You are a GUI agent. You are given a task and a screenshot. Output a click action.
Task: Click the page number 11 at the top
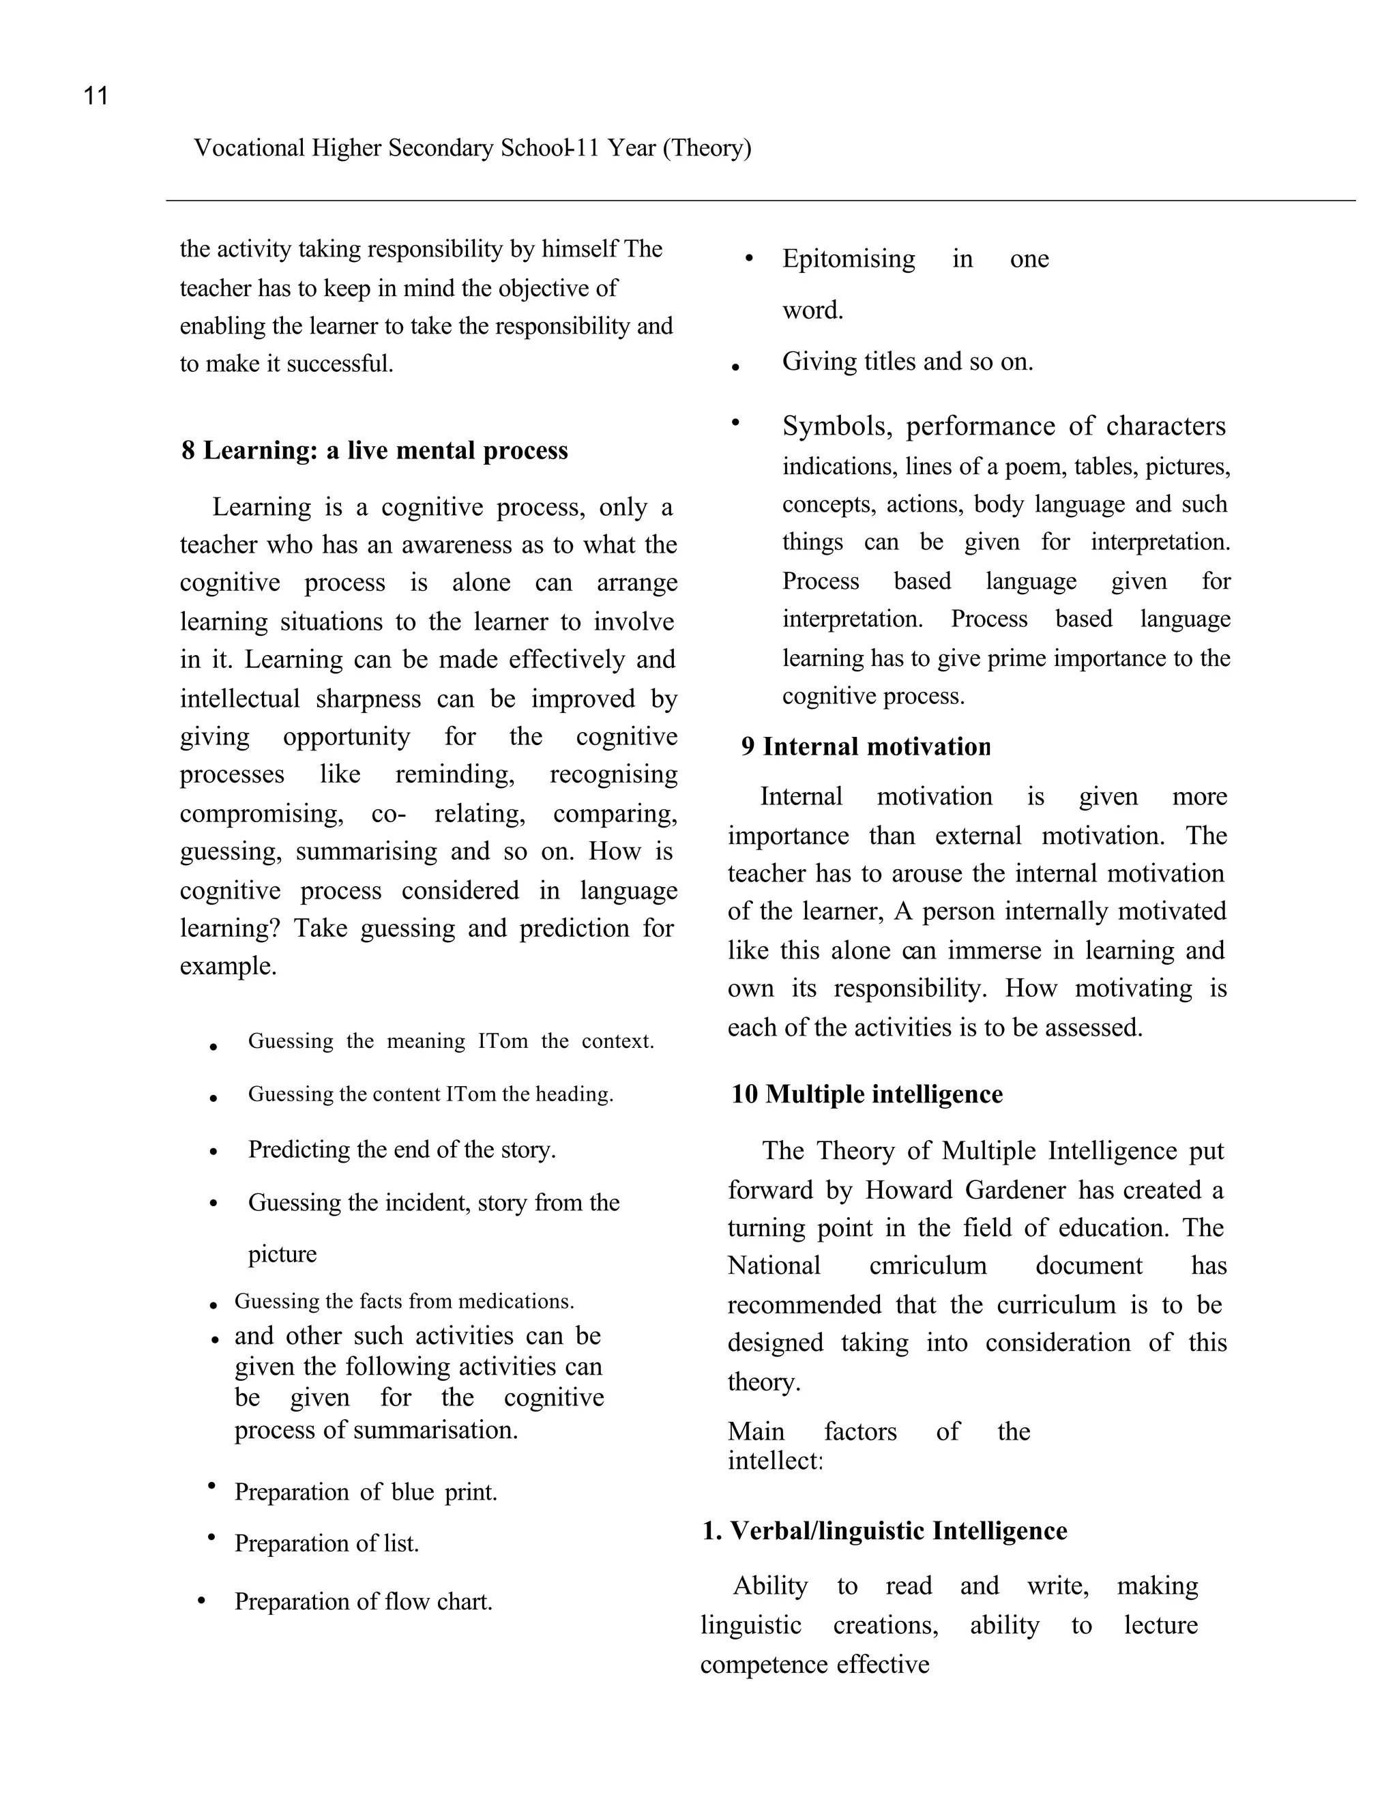[x=96, y=96]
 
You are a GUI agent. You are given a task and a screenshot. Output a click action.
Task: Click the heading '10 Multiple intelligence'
[x=866, y=1094]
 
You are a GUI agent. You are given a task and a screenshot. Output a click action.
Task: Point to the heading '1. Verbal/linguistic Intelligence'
[x=885, y=1531]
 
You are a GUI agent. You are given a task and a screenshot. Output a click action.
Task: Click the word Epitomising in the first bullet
[x=849, y=259]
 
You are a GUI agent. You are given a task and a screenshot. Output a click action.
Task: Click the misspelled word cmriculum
[x=928, y=1266]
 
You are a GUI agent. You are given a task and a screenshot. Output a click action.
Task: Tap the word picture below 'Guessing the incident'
[x=282, y=1254]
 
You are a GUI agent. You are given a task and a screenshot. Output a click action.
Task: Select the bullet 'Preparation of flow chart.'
[x=364, y=1601]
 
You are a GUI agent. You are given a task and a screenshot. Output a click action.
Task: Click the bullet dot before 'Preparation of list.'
[x=212, y=1538]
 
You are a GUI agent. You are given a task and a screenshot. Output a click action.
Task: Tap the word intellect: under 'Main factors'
[x=775, y=1461]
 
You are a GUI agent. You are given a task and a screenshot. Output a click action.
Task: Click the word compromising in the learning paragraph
[x=261, y=814]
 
